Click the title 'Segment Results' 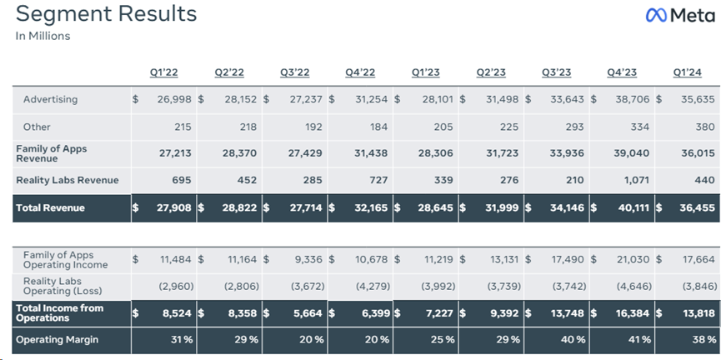tap(107, 14)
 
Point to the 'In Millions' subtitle tap(43, 36)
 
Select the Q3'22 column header tap(295, 72)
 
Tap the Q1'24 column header tap(688, 72)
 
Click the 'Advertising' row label tap(50, 99)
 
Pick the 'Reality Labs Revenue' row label tap(68, 180)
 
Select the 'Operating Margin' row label tap(57, 340)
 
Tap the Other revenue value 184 tap(376, 127)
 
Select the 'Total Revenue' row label tap(50, 207)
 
